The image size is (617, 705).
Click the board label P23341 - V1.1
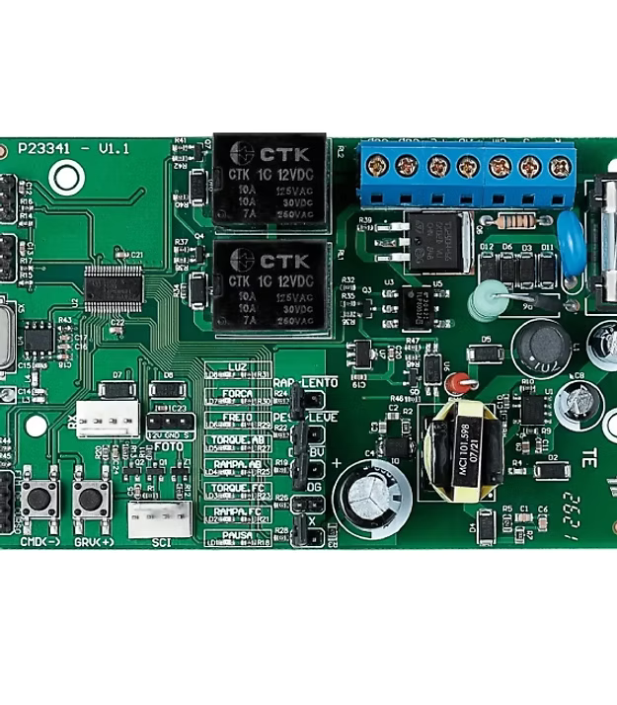pyautogui.click(x=74, y=148)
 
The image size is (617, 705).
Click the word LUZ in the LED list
pyautogui.click(x=238, y=367)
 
